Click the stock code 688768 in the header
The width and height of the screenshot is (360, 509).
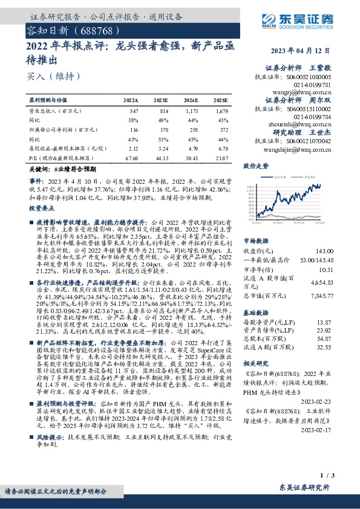point(91,29)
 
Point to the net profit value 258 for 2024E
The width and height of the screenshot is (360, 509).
point(192,130)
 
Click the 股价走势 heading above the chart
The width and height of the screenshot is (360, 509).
point(255,164)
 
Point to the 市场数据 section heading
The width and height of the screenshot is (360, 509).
point(255,223)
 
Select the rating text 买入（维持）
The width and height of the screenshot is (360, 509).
point(45,76)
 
